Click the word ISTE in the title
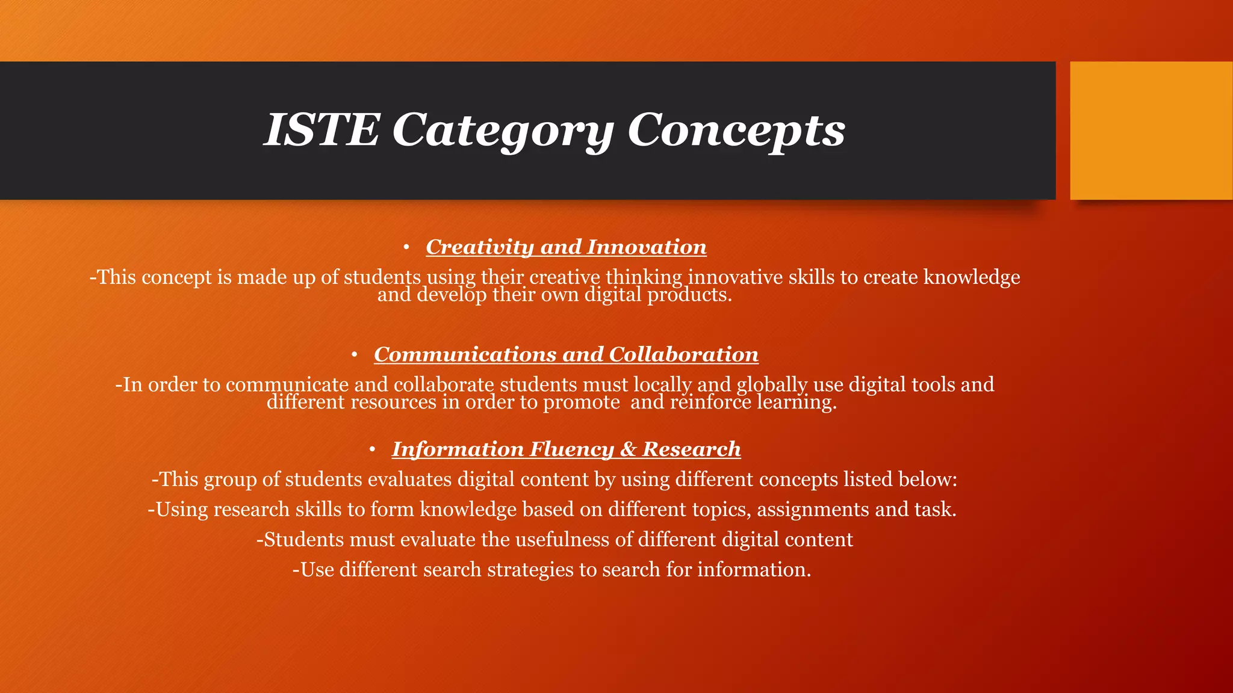322,130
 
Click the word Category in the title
503,130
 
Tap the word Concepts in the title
736,130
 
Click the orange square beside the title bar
1151,131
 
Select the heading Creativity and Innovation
566,247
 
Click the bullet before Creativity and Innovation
406,247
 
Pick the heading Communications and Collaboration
566,354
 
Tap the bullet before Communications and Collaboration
355,355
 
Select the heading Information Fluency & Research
566,449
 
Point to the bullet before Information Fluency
373,449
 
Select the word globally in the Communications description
772,385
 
